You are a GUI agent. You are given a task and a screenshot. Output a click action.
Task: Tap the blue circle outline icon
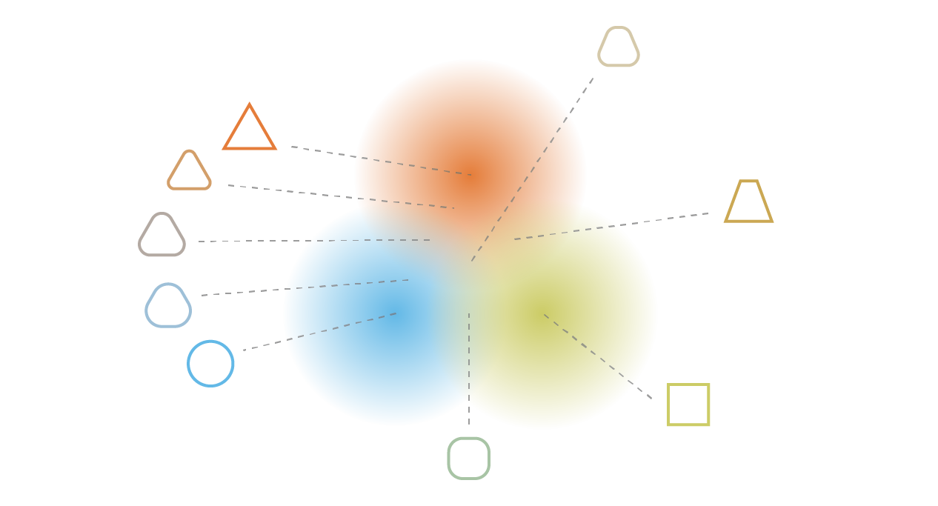[210, 363]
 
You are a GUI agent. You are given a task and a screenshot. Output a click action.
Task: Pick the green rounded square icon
[469, 458]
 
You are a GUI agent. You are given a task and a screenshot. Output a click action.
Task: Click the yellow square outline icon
[688, 405]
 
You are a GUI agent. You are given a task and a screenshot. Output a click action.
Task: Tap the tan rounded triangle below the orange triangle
[189, 170]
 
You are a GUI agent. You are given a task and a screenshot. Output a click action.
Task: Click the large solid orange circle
[470, 126]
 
